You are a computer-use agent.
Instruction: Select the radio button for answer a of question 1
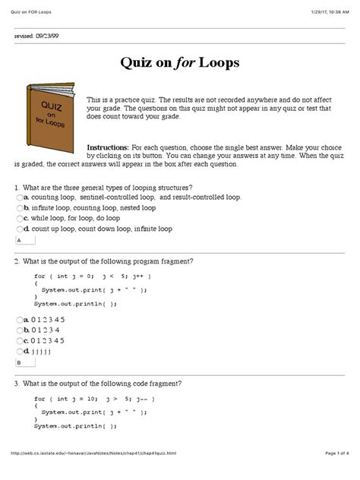[x=19, y=197]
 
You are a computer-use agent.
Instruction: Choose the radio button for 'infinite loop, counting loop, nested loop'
[x=19, y=207]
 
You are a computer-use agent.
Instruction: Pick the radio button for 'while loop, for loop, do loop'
[x=19, y=218]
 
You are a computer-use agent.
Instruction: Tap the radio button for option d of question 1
[x=19, y=229]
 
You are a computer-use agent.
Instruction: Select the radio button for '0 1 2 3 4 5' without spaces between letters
[x=19, y=320]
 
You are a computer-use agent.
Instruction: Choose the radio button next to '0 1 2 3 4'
[x=19, y=330]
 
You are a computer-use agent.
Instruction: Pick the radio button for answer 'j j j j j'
[x=19, y=352]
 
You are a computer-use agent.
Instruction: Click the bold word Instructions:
[x=109, y=146]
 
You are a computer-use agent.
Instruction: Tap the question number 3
[x=16, y=383]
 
